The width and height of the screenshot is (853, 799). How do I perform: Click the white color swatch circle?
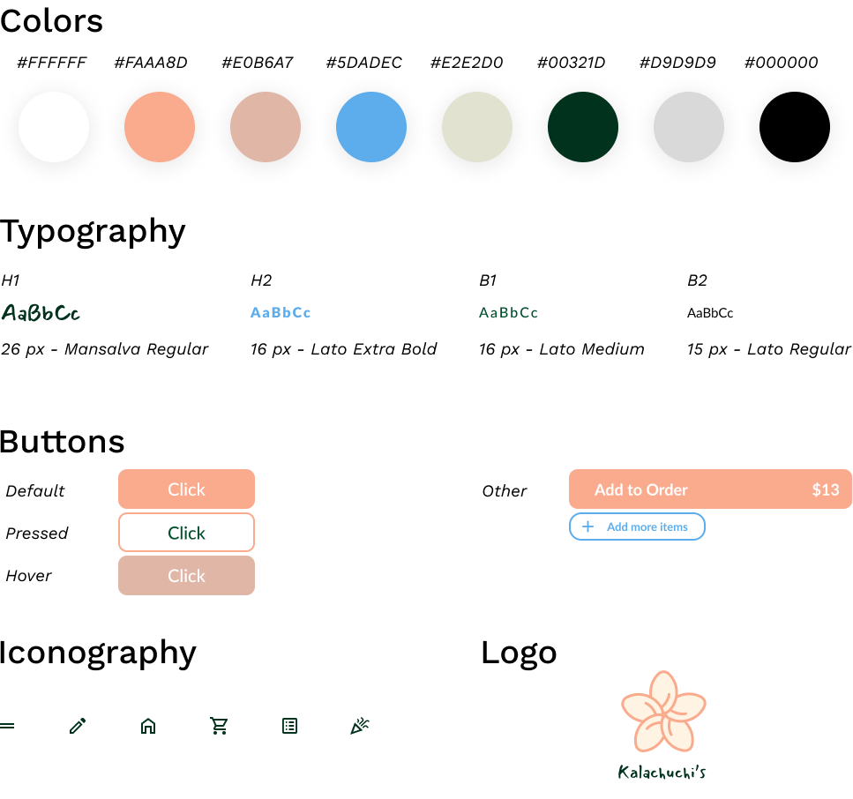tap(54, 127)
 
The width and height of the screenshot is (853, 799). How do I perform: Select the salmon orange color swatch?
tap(160, 127)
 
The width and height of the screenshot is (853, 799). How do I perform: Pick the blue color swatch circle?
tap(371, 127)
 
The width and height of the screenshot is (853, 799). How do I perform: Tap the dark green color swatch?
tap(583, 127)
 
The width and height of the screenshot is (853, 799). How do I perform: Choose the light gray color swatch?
tap(689, 127)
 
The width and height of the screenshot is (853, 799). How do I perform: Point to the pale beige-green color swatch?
tap(477, 127)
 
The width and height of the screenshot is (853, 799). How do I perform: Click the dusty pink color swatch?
tap(266, 127)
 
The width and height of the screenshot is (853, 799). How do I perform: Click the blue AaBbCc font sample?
tap(281, 313)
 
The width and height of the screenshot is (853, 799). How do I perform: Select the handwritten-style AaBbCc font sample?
tap(41, 313)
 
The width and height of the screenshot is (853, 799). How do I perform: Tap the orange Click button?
tap(186, 489)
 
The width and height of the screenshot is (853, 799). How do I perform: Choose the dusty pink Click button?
tap(186, 576)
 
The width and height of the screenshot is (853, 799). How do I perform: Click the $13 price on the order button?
tap(826, 490)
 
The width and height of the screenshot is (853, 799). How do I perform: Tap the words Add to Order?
tap(640, 490)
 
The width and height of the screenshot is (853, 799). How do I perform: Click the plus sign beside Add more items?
tap(588, 526)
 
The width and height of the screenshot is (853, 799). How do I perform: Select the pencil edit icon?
tap(78, 726)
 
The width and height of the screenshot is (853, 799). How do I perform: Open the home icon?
tap(148, 726)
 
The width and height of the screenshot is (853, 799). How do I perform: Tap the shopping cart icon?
tap(219, 726)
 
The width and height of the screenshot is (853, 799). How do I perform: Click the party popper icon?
tap(360, 726)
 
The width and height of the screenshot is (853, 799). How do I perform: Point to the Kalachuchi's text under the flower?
tap(662, 773)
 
